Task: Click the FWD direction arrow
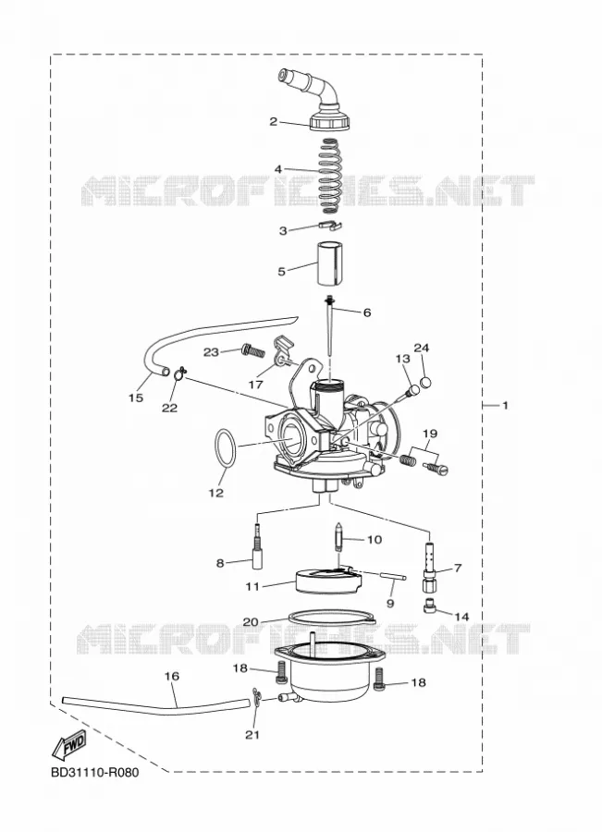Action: pyautogui.click(x=68, y=746)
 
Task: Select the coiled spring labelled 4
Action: pyautogui.click(x=331, y=172)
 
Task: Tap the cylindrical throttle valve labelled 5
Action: pyautogui.click(x=329, y=263)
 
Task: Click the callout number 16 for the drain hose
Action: pyautogui.click(x=171, y=677)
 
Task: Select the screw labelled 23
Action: pyautogui.click(x=252, y=349)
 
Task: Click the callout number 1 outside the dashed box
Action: pyautogui.click(x=505, y=406)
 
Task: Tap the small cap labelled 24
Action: pyautogui.click(x=424, y=382)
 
